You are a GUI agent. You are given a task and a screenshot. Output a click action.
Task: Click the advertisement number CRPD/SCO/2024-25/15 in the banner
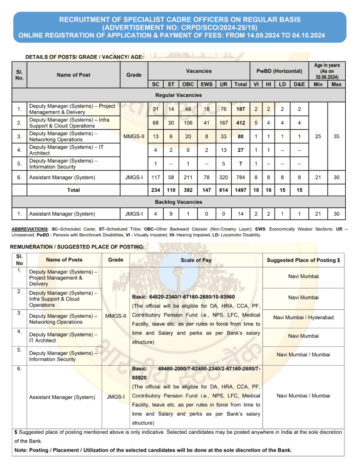coord(180,28)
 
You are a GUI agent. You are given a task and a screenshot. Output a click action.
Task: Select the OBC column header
coord(188,84)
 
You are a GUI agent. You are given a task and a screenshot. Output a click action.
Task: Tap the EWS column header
coord(205,84)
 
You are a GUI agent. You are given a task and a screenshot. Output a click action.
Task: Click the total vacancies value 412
coord(240,123)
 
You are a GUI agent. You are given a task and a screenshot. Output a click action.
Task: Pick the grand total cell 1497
coord(240,190)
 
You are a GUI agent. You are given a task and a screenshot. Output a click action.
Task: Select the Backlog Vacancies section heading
coord(178,202)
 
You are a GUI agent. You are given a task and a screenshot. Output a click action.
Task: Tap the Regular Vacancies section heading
coord(178,95)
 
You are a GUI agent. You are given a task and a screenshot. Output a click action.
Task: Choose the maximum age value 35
coord(337,136)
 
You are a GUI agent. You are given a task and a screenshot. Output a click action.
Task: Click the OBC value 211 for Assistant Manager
coord(188,177)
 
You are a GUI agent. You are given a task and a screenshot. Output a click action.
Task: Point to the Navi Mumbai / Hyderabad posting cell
coord(303,318)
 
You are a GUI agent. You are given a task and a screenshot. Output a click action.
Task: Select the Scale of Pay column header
coord(196,260)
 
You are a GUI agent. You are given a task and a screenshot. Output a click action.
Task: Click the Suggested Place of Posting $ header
coord(303,260)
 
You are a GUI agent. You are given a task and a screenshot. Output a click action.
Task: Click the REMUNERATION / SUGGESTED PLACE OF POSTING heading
coord(77,247)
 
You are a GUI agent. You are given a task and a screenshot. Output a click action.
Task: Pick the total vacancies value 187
coord(240,109)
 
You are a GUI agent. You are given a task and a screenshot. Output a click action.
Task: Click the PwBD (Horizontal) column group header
coord(279,71)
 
